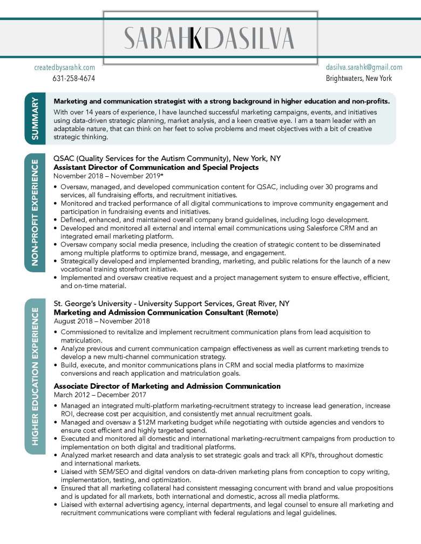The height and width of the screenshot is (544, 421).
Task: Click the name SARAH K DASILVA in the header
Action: (209, 38)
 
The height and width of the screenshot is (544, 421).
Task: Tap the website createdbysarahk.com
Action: (64, 67)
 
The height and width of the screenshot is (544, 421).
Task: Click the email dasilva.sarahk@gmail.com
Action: (364, 67)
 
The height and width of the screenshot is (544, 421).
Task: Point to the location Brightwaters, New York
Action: (358, 78)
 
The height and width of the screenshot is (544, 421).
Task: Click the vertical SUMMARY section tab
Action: (35, 119)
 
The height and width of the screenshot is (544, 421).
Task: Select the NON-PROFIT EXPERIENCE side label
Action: (35, 212)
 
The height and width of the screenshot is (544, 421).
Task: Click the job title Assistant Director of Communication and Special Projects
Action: (156, 167)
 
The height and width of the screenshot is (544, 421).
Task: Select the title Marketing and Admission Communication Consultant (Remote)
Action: (166, 312)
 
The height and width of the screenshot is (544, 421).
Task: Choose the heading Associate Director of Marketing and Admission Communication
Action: (167, 386)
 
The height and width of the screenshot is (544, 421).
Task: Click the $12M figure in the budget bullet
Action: (147, 422)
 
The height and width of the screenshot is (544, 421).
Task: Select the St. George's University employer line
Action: (171, 303)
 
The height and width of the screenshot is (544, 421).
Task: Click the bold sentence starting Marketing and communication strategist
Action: (221, 101)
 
